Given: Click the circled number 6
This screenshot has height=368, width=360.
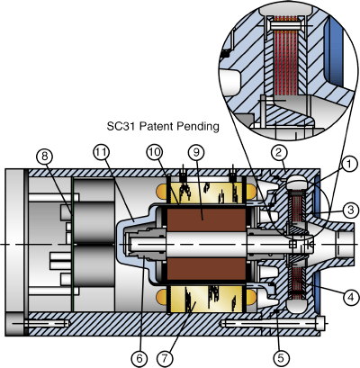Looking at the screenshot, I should pos(138,357).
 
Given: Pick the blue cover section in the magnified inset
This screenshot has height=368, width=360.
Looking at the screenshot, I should pos(341,54).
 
